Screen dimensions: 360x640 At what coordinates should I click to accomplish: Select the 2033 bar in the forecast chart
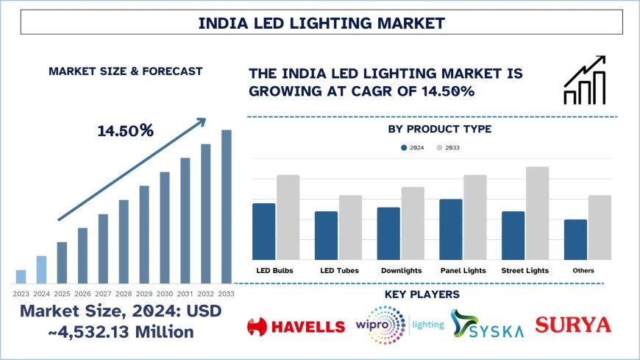point(227,206)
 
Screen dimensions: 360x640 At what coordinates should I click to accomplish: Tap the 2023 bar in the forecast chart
point(21,276)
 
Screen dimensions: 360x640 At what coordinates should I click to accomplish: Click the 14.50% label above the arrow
point(125,131)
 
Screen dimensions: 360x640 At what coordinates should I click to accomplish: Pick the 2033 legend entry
point(448,148)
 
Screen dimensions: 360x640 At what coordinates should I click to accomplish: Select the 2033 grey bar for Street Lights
point(537,213)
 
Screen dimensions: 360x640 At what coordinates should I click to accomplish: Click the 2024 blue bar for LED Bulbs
point(263,231)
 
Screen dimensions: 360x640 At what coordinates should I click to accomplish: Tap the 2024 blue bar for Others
point(575,239)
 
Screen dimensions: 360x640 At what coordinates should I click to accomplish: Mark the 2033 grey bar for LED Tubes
point(350,227)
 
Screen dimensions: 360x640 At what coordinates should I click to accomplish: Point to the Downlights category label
point(402,271)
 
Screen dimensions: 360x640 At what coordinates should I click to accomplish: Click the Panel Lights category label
point(463,271)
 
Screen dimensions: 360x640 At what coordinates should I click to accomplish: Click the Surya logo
point(573,325)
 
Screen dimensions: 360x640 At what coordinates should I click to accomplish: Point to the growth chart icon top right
point(585,80)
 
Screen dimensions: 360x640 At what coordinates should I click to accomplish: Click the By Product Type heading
point(439,130)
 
